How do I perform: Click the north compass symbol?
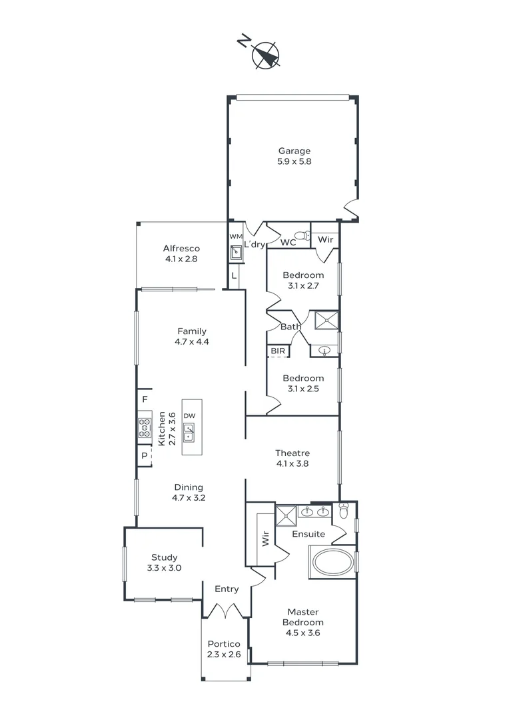(266, 55)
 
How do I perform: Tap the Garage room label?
(294, 151)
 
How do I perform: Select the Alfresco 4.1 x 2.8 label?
(181, 254)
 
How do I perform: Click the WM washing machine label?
(235, 237)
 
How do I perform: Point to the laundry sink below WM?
(236, 253)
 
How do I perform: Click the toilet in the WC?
(302, 235)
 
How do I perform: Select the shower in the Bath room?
(326, 320)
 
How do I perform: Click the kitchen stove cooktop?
(145, 427)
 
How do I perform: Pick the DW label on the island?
(189, 415)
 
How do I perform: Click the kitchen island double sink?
(189, 433)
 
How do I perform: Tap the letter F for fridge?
(144, 399)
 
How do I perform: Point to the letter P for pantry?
(144, 457)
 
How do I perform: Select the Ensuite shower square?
(287, 515)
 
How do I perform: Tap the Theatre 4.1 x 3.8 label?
(292, 458)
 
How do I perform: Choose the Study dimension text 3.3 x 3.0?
(164, 569)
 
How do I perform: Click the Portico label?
(224, 644)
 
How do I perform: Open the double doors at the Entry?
(227, 609)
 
